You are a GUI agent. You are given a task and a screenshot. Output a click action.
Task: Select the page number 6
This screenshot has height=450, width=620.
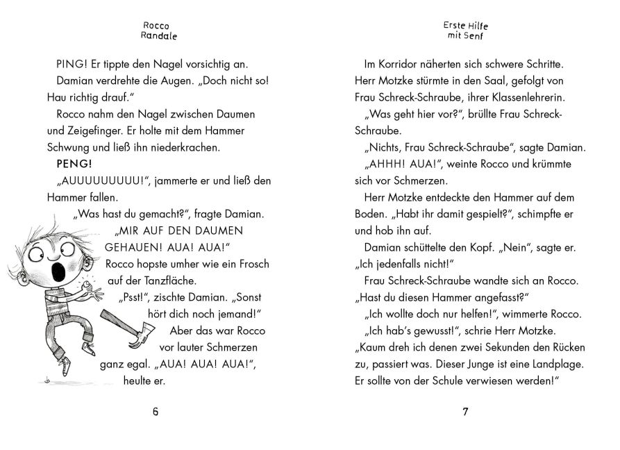tap(156, 412)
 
